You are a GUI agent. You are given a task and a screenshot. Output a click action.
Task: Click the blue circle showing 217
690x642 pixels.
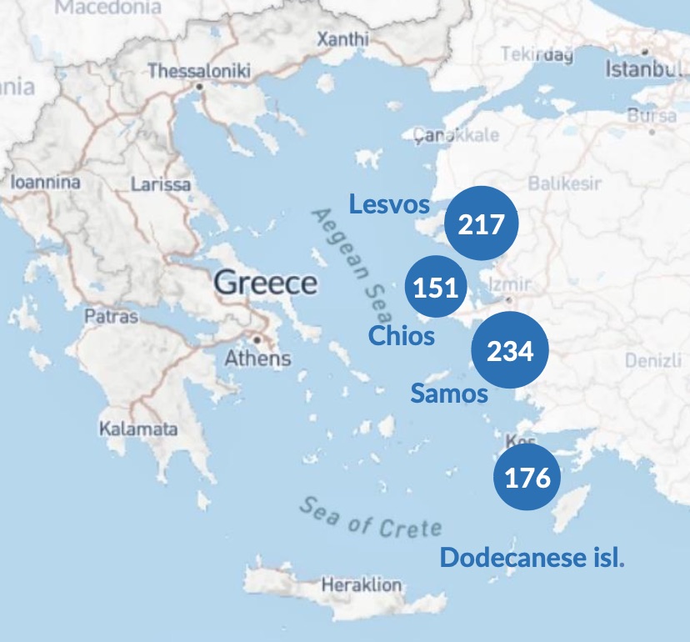(482, 223)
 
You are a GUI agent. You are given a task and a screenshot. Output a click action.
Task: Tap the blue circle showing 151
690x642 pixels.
(437, 288)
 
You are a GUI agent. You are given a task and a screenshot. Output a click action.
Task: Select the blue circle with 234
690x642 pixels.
(510, 351)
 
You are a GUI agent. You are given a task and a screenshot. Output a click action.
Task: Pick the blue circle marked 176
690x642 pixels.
(527, 478)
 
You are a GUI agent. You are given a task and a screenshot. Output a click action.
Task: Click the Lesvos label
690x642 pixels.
(389, 204)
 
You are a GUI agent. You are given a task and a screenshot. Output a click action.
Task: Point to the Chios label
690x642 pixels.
(402, 336)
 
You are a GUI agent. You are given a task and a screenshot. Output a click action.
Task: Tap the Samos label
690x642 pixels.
(448, 394)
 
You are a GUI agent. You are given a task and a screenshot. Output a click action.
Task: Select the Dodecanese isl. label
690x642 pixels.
(532, 558)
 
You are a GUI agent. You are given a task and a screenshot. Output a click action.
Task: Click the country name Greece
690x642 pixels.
(266, 283)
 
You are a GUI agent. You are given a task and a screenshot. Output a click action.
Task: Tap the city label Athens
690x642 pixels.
(257, 359)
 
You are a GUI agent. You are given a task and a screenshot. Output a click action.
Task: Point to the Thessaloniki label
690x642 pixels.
(199, 72)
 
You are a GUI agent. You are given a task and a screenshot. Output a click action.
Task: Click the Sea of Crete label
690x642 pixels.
(370, 518)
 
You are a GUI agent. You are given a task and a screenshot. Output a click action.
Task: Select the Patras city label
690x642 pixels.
(111, 317)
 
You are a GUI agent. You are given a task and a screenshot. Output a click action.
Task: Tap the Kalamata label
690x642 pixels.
(138, 429)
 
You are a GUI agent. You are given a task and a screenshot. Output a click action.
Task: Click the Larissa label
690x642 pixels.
(160, 184)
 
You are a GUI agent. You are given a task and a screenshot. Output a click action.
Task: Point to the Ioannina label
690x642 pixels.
(45, 182)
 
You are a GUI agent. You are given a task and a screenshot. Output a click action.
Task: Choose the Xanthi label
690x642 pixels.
(342, 38)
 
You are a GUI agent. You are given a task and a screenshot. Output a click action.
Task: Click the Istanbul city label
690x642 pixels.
(642, 68)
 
